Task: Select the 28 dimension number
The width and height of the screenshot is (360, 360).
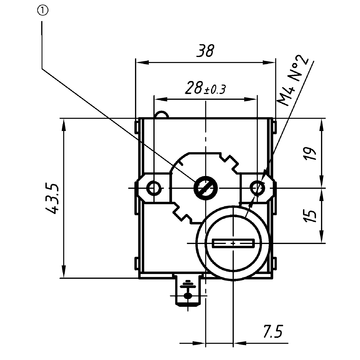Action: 195,90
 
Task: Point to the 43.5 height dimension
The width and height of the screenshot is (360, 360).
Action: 39,200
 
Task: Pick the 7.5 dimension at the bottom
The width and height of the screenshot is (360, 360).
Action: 271,331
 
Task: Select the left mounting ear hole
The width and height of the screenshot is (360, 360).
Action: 153,187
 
